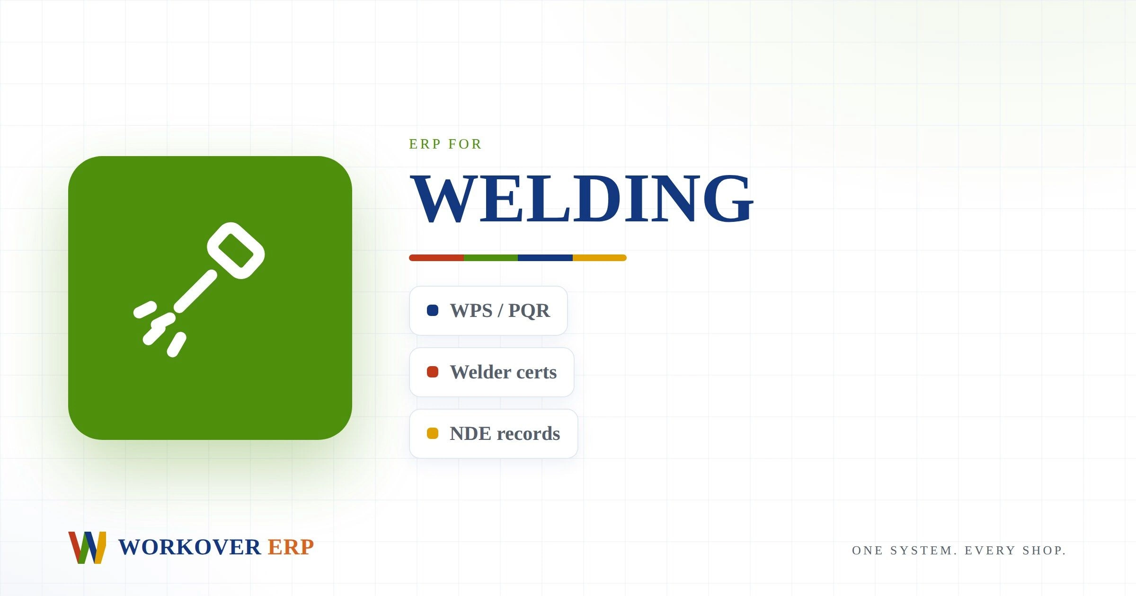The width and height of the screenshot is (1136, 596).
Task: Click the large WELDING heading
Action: point(582,199)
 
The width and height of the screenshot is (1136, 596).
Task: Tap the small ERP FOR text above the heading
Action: point(445,144)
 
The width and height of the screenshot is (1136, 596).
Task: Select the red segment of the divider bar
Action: point(436,258)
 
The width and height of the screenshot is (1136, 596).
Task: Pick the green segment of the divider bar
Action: point(491,258)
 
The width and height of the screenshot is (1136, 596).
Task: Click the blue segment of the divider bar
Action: point(545,258)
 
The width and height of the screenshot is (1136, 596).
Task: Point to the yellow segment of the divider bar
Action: point(600,258)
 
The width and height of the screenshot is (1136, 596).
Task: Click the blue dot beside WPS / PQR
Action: point(433,310)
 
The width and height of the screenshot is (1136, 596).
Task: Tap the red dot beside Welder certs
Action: point(433,372)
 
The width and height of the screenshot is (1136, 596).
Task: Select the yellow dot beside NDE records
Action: point(433,433)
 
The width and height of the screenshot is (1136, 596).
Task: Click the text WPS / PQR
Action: point(500,311)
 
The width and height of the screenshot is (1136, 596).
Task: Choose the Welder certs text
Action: point(503,372)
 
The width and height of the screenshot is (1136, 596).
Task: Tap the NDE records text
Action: point(505,434)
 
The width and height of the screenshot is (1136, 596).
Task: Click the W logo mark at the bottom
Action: point(87,547)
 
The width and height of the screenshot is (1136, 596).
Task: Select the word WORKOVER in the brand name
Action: point(189,547)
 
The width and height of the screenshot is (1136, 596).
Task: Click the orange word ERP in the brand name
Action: point(291,547)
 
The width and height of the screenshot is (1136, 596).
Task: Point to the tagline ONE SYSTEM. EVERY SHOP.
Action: point(959,551)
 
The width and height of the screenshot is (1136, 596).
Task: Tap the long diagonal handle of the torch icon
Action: point(195,291)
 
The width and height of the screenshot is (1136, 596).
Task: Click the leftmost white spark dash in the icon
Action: point(145,309)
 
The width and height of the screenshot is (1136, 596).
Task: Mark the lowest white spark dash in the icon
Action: point(177,344)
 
